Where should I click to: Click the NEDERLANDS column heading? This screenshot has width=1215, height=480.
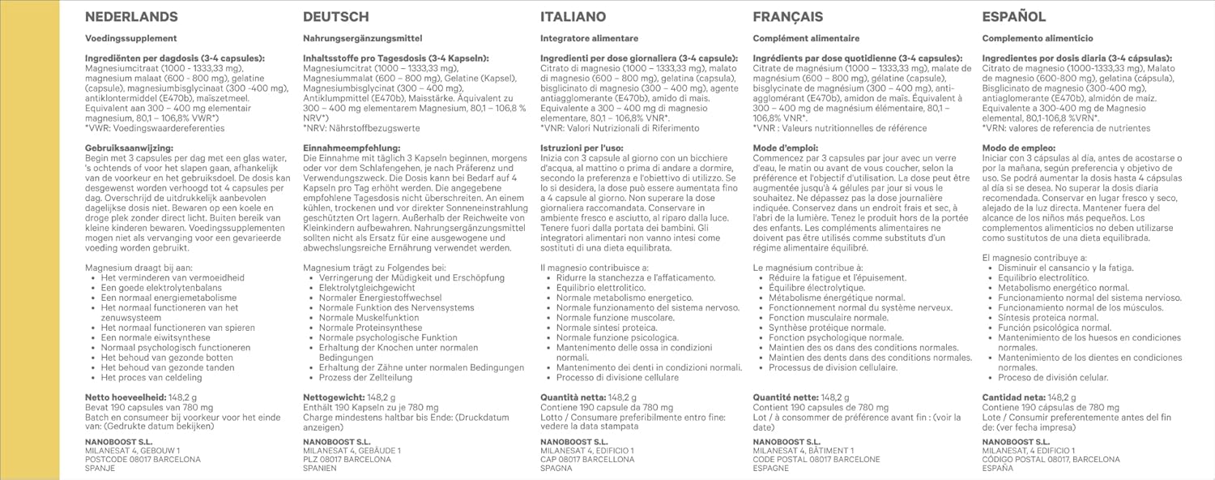tap(131, 17)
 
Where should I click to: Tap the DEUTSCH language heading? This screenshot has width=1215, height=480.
tap(335, 17)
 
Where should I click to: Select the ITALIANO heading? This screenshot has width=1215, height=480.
tap(573, 17)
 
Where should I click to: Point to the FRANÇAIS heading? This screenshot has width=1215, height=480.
tap(787, 17)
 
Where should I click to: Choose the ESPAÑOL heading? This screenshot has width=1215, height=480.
tap(1013, 17)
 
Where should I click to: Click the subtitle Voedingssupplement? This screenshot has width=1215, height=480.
tap(130, 38)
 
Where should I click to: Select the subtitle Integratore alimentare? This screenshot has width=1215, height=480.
tap(589, 38)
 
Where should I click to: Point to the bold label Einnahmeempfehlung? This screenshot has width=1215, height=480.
tap(352, 148)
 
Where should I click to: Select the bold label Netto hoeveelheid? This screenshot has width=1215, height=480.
tap(130, 398)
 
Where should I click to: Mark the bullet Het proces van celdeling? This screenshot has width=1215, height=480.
tap(151, 378)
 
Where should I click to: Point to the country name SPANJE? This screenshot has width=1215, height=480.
tap(100, 469)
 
